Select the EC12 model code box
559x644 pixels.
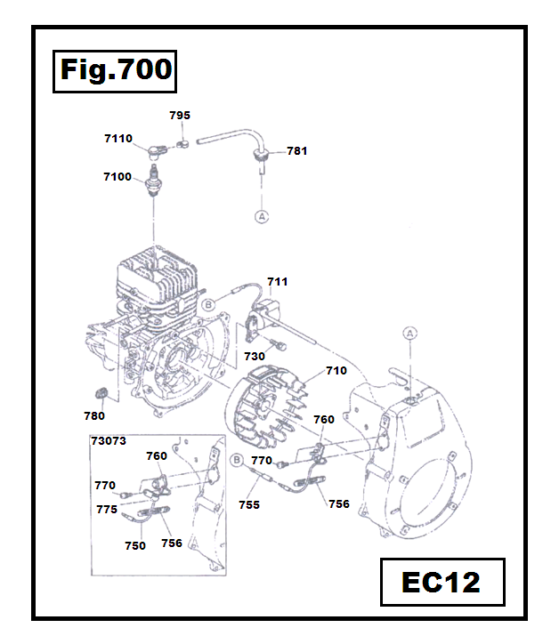pos(441,583)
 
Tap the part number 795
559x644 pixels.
pos(180,116)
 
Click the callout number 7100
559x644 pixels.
pos(117,177)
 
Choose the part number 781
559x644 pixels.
pos(296,151)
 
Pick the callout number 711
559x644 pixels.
pos(277,282)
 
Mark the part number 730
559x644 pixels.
pos(255,356)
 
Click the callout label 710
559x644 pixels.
pos(336,371)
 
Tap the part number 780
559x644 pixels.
pos(93,415)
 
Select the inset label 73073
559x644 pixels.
pos(108,440)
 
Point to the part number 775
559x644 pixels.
pos(107,510)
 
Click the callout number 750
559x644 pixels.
pos(135,546)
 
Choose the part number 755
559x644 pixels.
pos(249,504)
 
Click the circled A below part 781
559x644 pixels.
pos(262,216)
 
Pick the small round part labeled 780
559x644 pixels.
pos(100,393)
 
